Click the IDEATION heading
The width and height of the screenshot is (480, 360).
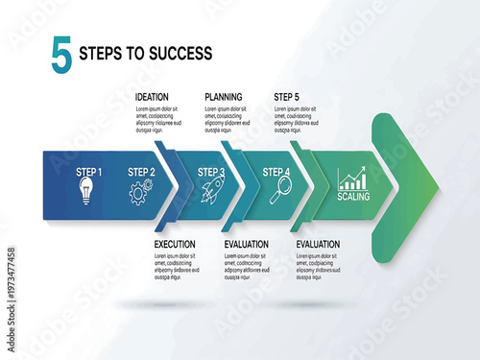(154, 97)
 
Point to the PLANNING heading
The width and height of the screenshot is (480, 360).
(224, 97)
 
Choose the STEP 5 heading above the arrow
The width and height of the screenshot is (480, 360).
(287, 97)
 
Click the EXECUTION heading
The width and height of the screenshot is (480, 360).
(175, 245)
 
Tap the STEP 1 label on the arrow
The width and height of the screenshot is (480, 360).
(88, 172)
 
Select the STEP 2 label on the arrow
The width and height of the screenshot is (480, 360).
(141, 172)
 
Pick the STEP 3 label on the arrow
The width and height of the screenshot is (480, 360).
(211, 172)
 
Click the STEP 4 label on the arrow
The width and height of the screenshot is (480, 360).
(276, 172)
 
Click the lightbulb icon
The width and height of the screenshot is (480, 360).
(87, 189)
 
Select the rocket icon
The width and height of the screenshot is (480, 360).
(212, 192)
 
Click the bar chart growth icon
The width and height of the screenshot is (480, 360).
(352, 179)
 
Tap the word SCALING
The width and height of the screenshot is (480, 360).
(353, 197)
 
